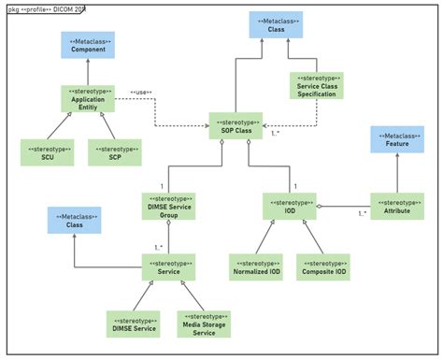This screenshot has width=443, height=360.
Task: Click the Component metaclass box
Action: [87, 48]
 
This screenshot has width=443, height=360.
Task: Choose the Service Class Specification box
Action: [316, 87]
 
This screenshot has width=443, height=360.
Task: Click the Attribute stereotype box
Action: [397, 207]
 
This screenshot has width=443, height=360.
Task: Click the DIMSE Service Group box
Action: [168, 207]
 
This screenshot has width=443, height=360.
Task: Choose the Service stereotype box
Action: [168, 266]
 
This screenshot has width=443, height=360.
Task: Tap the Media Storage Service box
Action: [203, 323]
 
